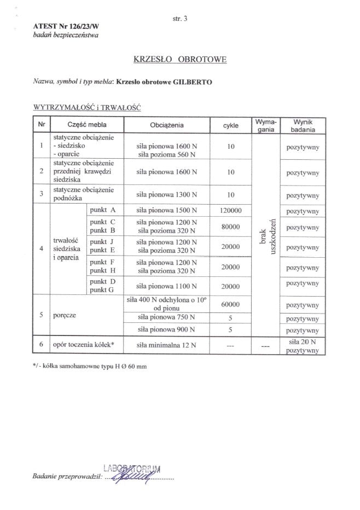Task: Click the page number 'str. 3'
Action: coord(180,19)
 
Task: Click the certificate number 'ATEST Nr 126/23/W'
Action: coord(62,26)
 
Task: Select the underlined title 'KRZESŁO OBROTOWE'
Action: coord(180,59)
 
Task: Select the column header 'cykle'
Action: coord(230,125)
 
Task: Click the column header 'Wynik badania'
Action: coord(303,125)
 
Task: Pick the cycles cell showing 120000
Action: coord(230,211)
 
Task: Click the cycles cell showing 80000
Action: coord(230,227)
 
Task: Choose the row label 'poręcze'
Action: coord(65,316)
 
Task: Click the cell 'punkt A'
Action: coord(103,210)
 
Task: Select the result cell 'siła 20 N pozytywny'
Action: coord(303,346)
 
